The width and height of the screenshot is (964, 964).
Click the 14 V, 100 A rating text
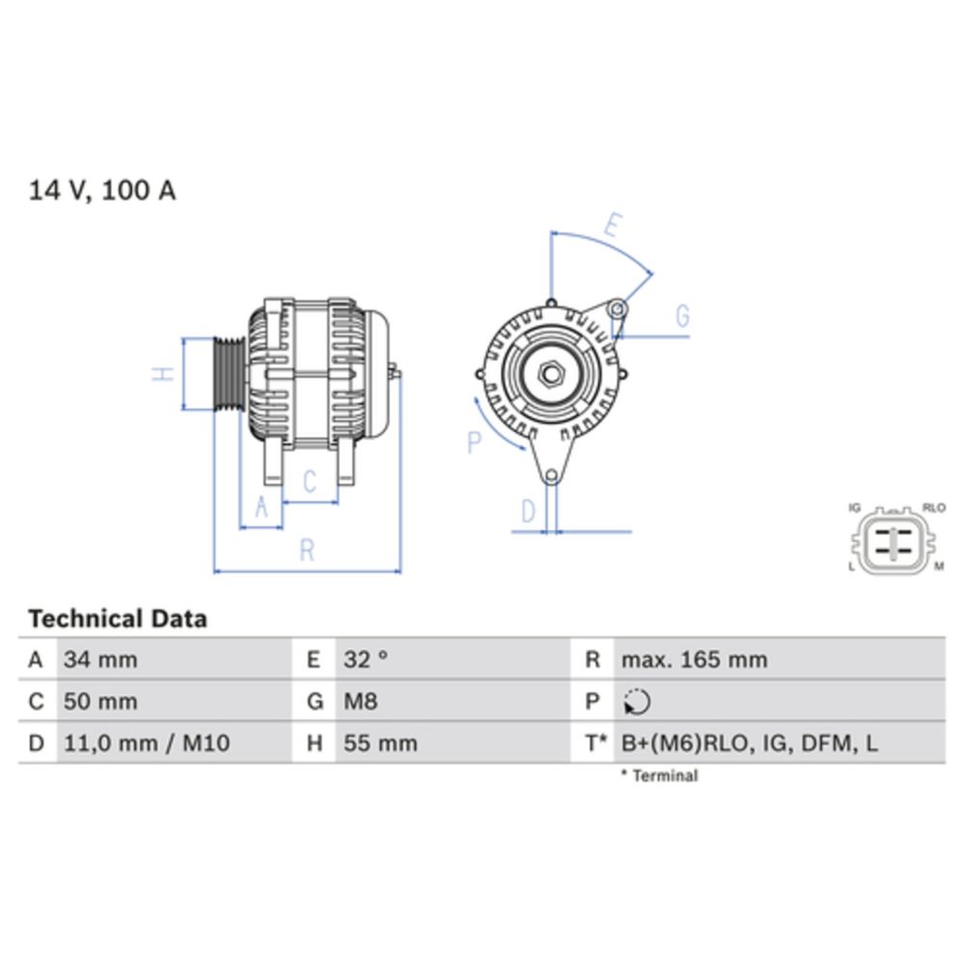pos(102,191)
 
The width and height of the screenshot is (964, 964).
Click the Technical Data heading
pos(118,619)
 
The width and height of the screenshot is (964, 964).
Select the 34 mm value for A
pos(100,660)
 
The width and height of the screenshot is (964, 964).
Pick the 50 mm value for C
pos(100,702)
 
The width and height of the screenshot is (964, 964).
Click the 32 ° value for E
pos(366,660)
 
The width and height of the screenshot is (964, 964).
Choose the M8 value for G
pos(361,702)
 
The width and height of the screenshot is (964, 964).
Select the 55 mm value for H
pos(381,743)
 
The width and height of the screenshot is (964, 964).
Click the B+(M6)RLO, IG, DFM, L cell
pos(749,743)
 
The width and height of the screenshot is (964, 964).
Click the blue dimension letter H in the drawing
pos(165,374)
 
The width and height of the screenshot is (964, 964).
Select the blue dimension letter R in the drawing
pos(307,549)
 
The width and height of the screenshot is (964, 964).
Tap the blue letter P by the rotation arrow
pos(473,442)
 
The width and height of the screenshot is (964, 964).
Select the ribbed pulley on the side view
pos(228,374)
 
